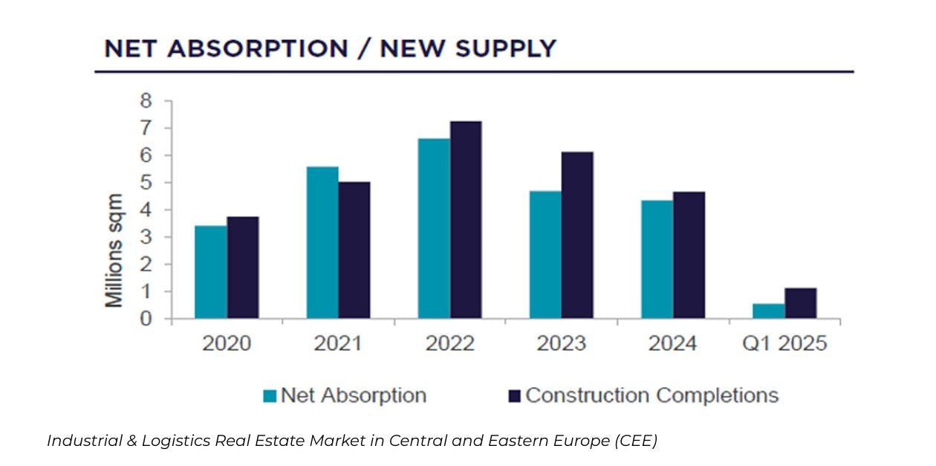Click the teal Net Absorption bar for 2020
point(211,272)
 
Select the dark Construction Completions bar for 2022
point(466,220)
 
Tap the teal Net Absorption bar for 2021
point(322,242)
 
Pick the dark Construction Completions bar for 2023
point(577,235)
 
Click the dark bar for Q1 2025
point(801,303)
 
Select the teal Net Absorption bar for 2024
point(657,259)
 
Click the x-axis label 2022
point(450,344)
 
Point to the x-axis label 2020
point(227,344)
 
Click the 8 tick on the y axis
point(146,101)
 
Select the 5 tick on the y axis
point(146,183)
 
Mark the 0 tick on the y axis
point(146,320)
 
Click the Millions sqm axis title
point(114,250)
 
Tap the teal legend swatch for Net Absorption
point(270,396)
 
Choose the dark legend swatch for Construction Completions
point(514,396)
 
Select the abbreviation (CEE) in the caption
point(636,441)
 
